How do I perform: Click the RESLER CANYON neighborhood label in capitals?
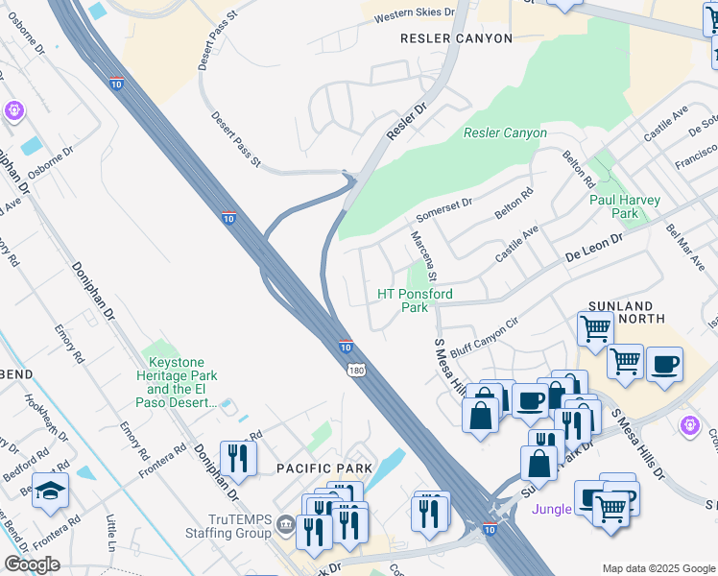[456, 38]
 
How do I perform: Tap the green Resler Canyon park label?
[505, 133]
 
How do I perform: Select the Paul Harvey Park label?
[625, 206]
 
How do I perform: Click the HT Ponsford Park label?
[415, 300]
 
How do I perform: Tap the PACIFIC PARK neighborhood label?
[317, 468]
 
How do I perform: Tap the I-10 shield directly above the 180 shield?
[345, 346]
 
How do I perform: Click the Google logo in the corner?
[32, 564]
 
